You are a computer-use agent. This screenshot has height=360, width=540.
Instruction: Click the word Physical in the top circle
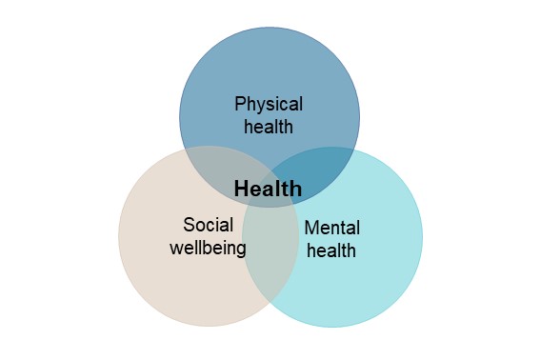pos(269,105)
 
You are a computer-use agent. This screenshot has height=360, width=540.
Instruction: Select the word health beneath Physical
pos(269,127)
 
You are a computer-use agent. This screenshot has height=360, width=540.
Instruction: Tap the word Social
pos(209,225)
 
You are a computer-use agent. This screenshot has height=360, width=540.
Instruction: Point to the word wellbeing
pos(208,248)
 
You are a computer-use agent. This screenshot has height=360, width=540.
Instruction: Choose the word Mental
pos(332,228)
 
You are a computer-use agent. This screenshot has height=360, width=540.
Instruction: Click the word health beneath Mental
pos(331,250)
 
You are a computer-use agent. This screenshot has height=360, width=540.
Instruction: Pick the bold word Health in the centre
pos(268,189)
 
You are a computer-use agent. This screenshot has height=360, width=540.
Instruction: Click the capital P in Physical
pos(241,104)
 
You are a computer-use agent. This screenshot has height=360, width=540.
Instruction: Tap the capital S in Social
pos(190,225)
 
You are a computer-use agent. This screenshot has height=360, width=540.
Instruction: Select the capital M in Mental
pos(311,228)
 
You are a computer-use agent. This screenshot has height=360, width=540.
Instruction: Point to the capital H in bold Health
pos(241,189)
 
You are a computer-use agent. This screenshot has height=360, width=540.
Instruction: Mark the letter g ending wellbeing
pos(240,250)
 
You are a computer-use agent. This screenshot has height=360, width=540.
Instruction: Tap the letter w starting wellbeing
pos(176,249)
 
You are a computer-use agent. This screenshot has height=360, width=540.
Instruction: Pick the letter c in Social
pos(216,228)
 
